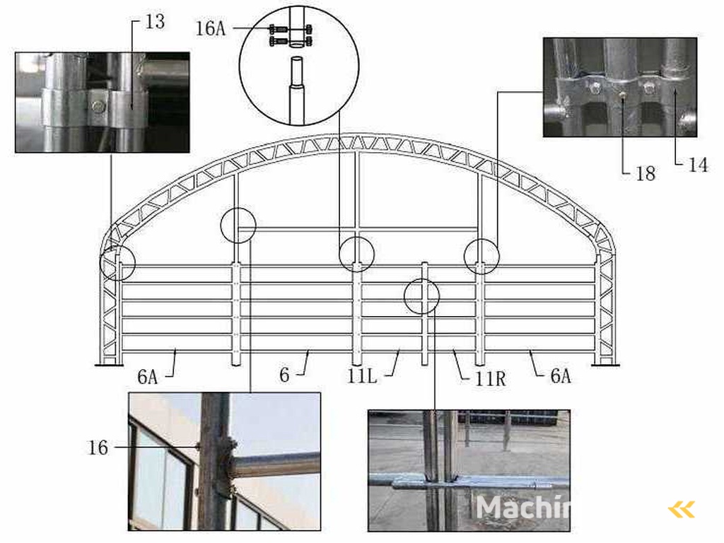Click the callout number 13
click(155, 22)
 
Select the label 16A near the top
click(210, 29)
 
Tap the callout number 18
click(645, 173)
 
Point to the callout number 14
click(698, 166)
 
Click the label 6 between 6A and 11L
click(284, 374)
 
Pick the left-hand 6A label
click(147, 376)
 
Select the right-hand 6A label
click(560, 375)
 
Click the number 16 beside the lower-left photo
click(98, 447)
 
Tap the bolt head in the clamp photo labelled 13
click(98, 107)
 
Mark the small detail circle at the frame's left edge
click(118, 263)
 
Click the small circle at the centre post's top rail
click(356, 255)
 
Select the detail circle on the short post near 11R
click(421, 296)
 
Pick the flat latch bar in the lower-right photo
click(467, 482)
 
